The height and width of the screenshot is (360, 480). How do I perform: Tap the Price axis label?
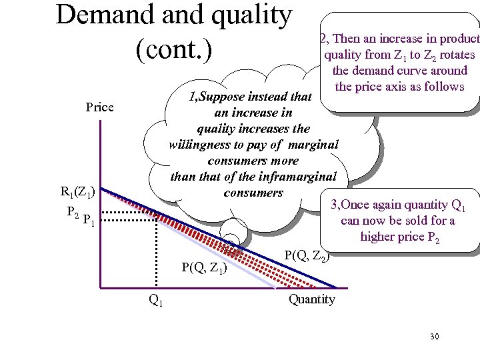[x=100, y=107]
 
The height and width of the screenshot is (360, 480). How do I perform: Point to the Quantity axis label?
[x=311, y=299]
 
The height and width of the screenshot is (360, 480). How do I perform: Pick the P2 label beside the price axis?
[x=74, y=211]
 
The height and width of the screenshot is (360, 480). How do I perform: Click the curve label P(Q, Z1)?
[x=205, y=269]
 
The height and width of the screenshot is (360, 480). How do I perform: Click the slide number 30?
[x=434, y=336]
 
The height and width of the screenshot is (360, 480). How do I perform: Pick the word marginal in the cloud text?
[x=314, y=145]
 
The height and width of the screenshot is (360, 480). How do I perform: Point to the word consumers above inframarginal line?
[x=253, y=161]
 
